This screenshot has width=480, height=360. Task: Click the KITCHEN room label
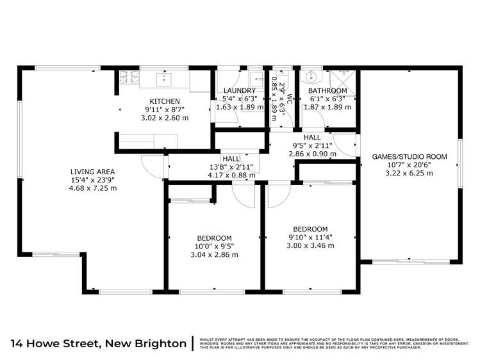tap(165, 101)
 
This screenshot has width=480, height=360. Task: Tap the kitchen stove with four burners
tap(126, 79)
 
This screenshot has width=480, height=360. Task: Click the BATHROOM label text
tap(327, 91)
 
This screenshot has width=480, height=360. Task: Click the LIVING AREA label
tap(92, 172)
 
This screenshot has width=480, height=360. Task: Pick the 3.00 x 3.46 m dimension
tap(310, 245)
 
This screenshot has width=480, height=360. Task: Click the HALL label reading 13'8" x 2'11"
tap(231, 159)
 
